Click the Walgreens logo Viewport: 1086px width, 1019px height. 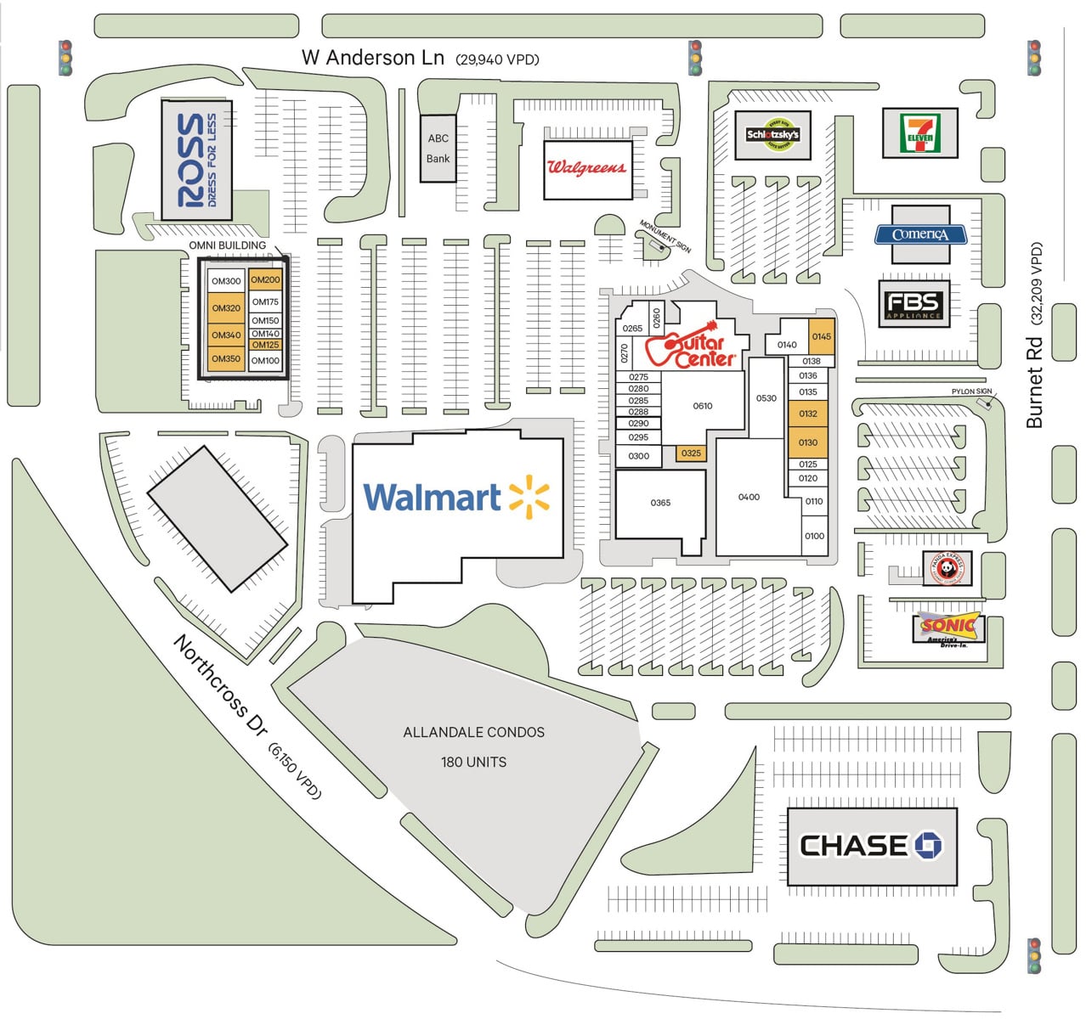click(x=586, y=167)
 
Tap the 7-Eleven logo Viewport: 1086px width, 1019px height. click(x=919, y=133)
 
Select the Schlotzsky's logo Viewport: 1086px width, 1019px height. click(x=772, y=134)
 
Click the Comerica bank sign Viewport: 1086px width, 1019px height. click(x=920, y=234)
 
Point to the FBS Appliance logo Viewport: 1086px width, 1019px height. click(x=913, y=305)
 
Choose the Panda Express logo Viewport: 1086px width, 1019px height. click(x=946, y=568)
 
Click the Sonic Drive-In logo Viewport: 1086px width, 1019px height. click(x=947, y=628)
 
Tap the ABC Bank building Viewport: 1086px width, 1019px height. click(x=438, y=149)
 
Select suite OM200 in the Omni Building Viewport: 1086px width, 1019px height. click(x=265, y=280)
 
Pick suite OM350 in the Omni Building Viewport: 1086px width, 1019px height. click(x=226, y=359)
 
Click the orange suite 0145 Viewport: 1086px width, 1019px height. click(x=821, y=336)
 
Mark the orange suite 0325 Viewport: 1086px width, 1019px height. click(x=691, y=453)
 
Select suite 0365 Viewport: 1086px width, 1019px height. click(x=660, y=503)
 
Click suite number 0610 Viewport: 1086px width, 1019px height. click(x=702, y=406)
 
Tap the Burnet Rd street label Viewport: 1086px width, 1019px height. click(x=1033, y=382)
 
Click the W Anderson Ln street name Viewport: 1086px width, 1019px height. click(x=372, y=58)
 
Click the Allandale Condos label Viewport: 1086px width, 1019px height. click(x=473, y=732)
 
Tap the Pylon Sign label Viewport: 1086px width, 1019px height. click(x=971, y=391)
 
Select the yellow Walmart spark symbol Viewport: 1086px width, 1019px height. click(x=529, y=497)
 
